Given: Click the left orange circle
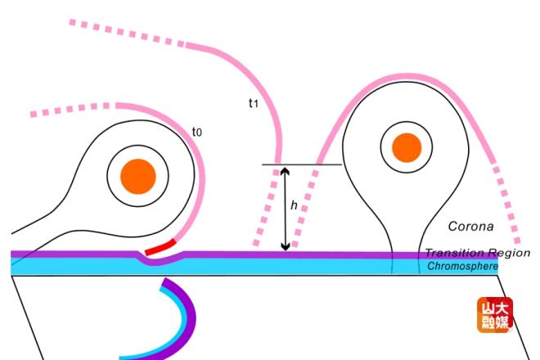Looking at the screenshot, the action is tap(138, 176).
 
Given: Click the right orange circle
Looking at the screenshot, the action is tap(407, 148).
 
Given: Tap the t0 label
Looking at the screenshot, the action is tap(197, 132).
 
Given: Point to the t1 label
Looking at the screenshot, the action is tap(253, 102).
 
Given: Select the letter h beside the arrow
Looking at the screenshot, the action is tap(294, 205).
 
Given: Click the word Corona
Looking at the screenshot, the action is tap(470, 227).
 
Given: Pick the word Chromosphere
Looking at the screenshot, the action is tap(462, 266).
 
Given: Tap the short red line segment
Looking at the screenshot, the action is tap(160, 247).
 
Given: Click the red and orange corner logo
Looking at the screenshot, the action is tap(495, 314).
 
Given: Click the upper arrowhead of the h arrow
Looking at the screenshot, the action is tap(286, 171).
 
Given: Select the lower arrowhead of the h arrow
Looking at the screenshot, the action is tap(286, 246).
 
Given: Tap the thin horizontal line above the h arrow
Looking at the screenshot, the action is tap(302, 164).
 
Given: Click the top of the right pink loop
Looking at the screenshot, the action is tap(407, 77).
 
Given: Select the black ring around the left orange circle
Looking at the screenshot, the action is tap(137, 176).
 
